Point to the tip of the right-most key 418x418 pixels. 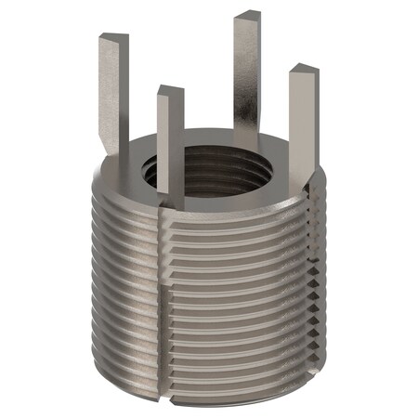point(304,71)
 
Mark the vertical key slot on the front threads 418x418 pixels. point(166,307)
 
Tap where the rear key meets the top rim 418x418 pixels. point(245,139)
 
